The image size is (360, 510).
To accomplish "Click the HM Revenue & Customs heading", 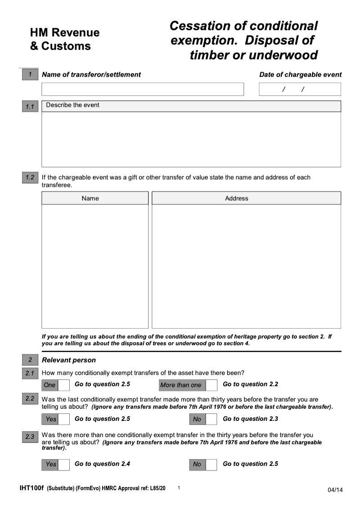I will click(65, 39).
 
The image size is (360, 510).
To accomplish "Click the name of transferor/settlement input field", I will click(142, 89).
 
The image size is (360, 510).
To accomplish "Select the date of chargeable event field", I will click(300, 89).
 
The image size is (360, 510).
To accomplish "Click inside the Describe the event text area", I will click(191, 139).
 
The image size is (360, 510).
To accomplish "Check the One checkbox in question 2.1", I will click(64, 385).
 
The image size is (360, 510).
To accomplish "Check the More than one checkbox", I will click(211, 385).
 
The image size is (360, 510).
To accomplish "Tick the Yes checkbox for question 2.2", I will click(64, 419).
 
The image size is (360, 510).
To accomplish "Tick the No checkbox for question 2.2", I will click(211, 419).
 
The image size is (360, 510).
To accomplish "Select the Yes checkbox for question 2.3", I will click(64, 464).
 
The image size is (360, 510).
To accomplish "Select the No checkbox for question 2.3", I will click(211, 464).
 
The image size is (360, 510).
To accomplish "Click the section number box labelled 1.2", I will click(30, 178).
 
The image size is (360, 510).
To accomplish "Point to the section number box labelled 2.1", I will click(30, 373).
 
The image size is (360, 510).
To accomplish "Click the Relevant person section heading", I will click(69, 360).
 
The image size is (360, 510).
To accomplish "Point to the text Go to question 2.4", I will click(102, 464).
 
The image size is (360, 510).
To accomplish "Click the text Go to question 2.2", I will click(250, 384).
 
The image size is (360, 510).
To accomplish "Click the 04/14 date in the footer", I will click(335, 490).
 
